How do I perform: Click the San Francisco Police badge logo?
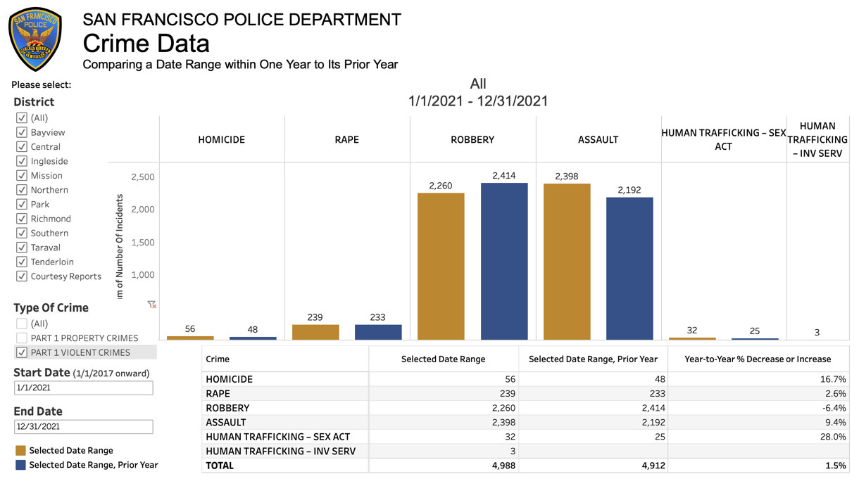tap(35, 39)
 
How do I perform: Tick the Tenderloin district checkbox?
tap(22, 262)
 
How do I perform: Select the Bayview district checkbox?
tap(22, 132)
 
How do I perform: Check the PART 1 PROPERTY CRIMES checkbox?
tap(22, 338)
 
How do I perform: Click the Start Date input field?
tap(83, 388)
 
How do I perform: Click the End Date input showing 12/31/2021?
tap(83, 426)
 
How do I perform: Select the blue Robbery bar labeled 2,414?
tap(504, 261)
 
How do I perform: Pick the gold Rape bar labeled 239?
tap(315, 332)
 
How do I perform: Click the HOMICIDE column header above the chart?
tap(222, 139)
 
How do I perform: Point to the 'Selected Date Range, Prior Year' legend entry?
tap(93, 465)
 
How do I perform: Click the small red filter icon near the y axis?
tap(151, 305)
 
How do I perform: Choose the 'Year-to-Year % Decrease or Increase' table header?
tap(758, 359)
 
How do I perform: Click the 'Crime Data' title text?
tap(146, 44)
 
